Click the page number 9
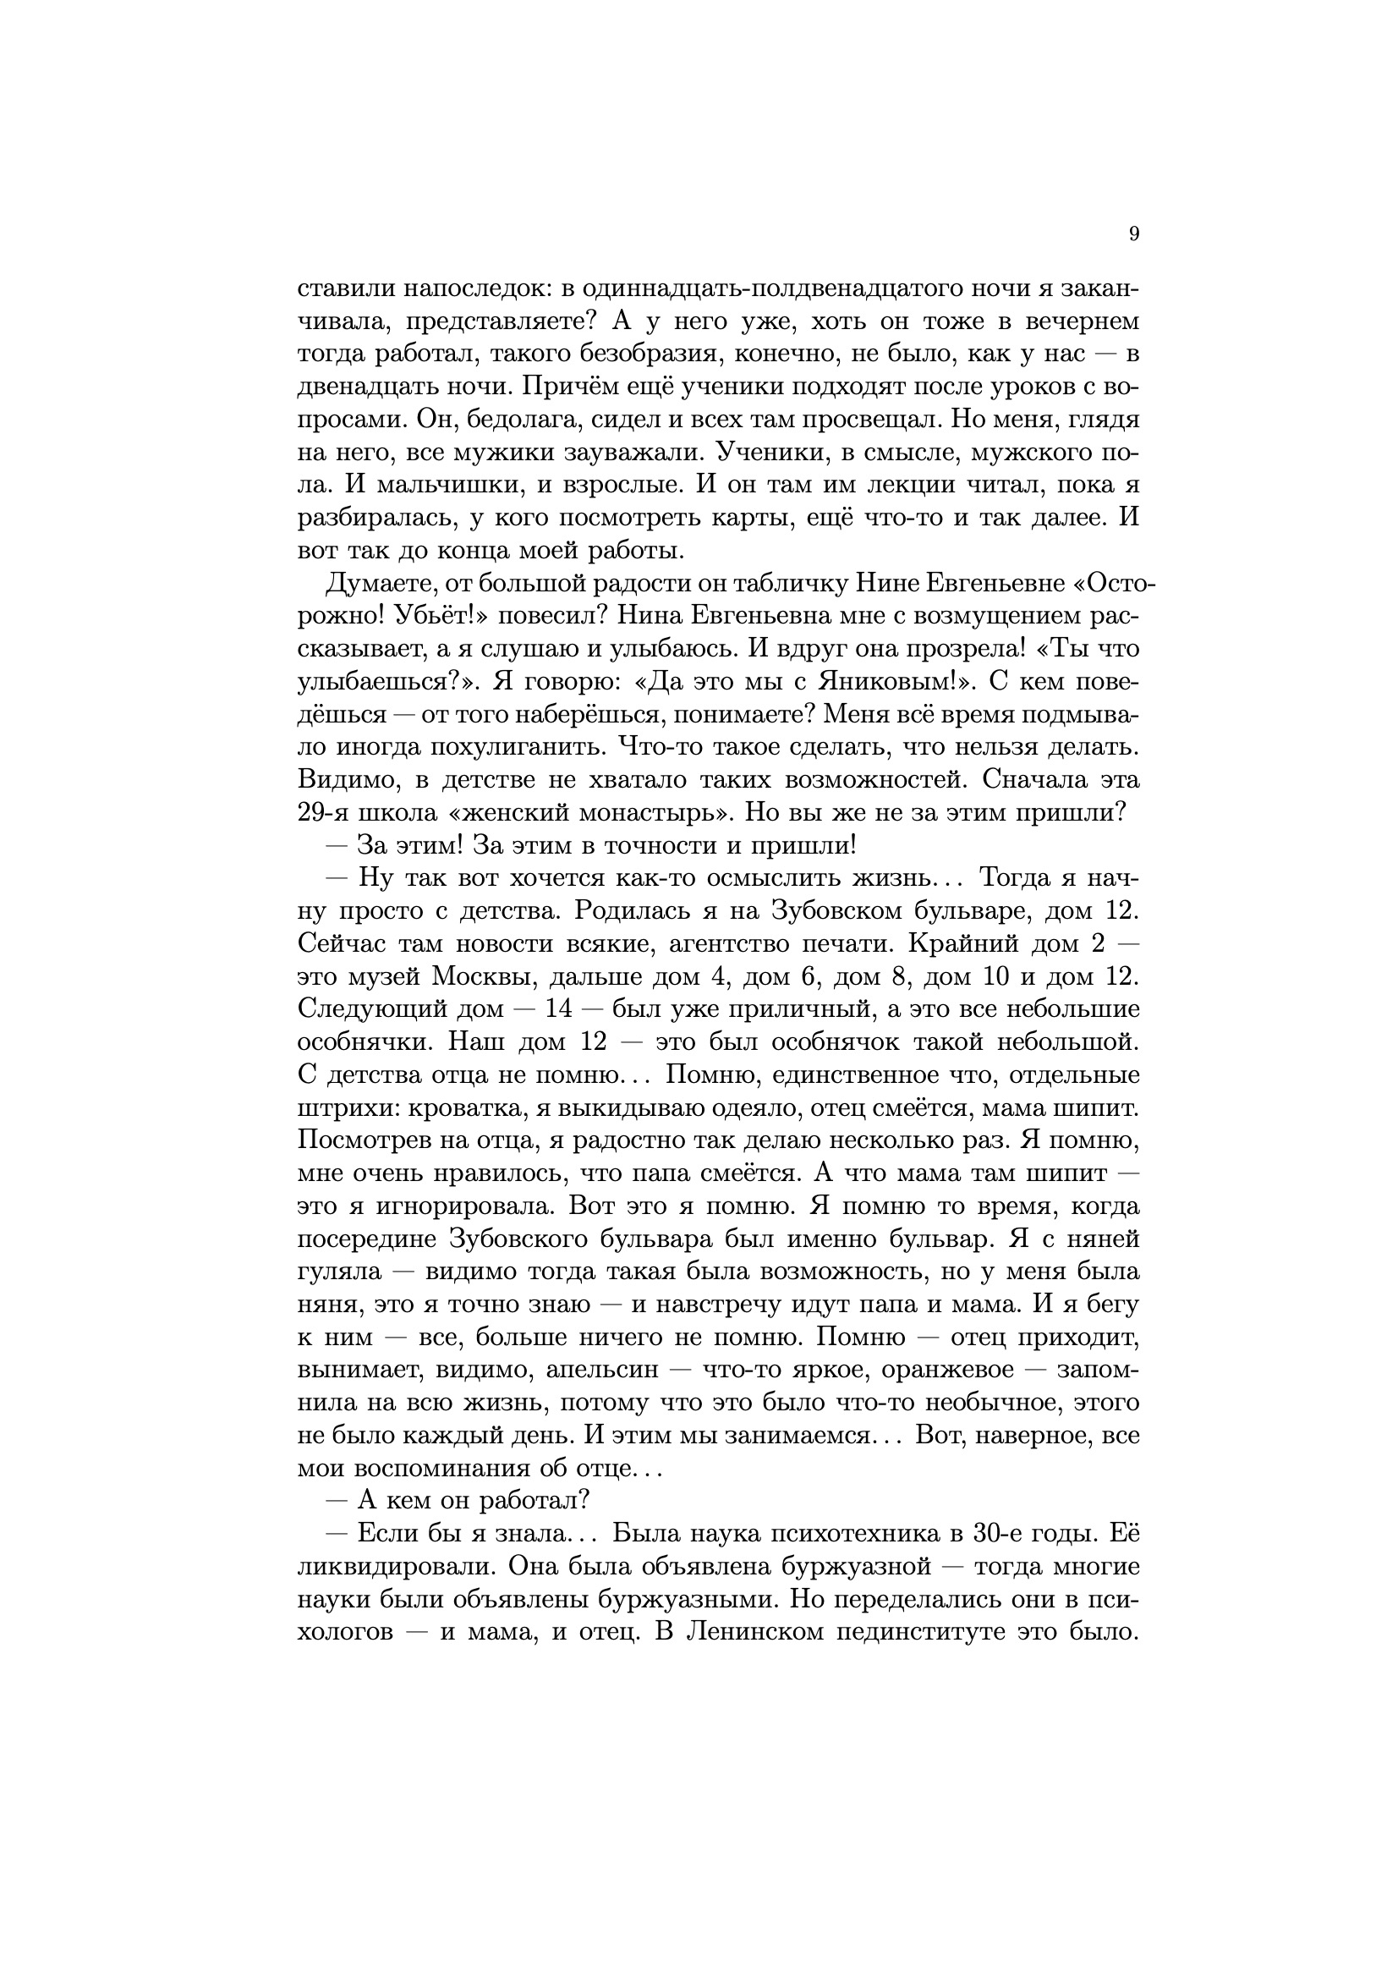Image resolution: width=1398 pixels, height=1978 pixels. click(1133, 234)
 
